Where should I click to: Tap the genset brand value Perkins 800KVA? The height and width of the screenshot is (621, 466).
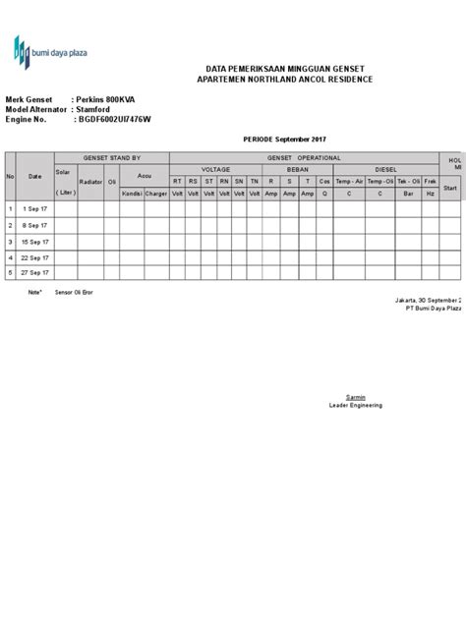(111, 99)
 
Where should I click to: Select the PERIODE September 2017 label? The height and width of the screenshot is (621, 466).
(286, 141)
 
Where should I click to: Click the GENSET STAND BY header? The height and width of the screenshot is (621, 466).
(111, 157)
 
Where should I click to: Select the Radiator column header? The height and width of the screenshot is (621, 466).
(90, 182)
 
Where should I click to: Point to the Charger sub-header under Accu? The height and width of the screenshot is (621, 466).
(156, 193)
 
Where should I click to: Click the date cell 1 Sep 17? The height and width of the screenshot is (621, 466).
(35, 208)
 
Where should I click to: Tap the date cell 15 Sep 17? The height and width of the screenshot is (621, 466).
(35, 241)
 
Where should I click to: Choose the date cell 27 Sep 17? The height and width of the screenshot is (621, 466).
(35, 272)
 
